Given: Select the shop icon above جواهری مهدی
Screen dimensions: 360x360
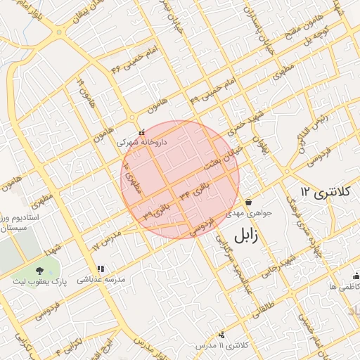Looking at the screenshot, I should click(x=247, y=202).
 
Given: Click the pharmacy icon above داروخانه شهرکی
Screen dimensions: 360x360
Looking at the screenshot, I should click(x=143, y=131).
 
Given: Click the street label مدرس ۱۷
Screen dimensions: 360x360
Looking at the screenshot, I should click(x=107, y=239).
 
